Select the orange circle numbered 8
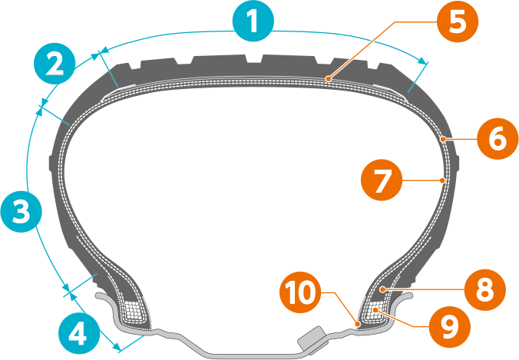click(485, 289)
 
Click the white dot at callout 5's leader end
click(327, 78)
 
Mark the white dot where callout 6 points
click(445, 139)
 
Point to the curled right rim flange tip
click(412, 294)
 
